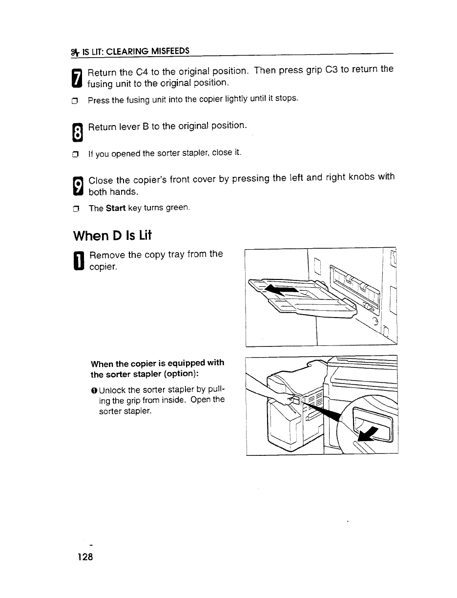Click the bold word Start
pyautogui.click(x=116, y=208)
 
